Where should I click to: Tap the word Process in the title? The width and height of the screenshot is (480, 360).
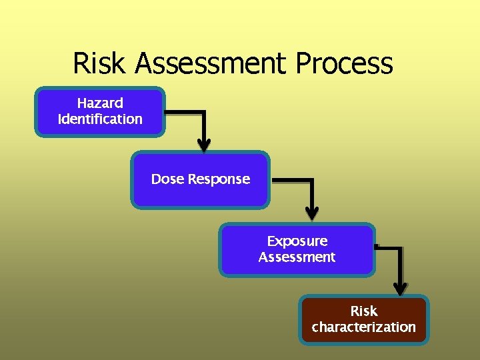click(345, 64)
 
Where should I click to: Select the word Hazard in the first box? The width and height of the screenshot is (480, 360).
click(100, 103)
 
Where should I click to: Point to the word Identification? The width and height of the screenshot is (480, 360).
click(100, 119)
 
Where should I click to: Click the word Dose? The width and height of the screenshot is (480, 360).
click(167, 179)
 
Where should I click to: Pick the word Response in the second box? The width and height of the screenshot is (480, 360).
click(219, 179)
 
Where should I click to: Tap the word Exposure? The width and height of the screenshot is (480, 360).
click(297, 241)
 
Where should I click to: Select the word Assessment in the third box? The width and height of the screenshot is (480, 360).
click(297, 257)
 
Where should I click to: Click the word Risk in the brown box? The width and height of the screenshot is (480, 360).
click(364, 311)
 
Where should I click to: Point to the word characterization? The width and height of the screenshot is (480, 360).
click(364, 327)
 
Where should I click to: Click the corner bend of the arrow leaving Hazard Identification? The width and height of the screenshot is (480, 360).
click(204, 112)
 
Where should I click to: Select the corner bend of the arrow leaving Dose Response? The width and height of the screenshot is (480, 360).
click(312, 181)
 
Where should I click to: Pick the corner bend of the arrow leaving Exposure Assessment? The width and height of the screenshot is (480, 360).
click(400, 249)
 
